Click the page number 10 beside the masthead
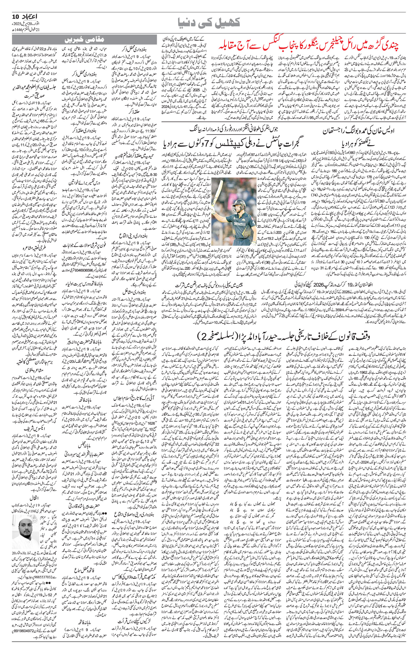(14, 16)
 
